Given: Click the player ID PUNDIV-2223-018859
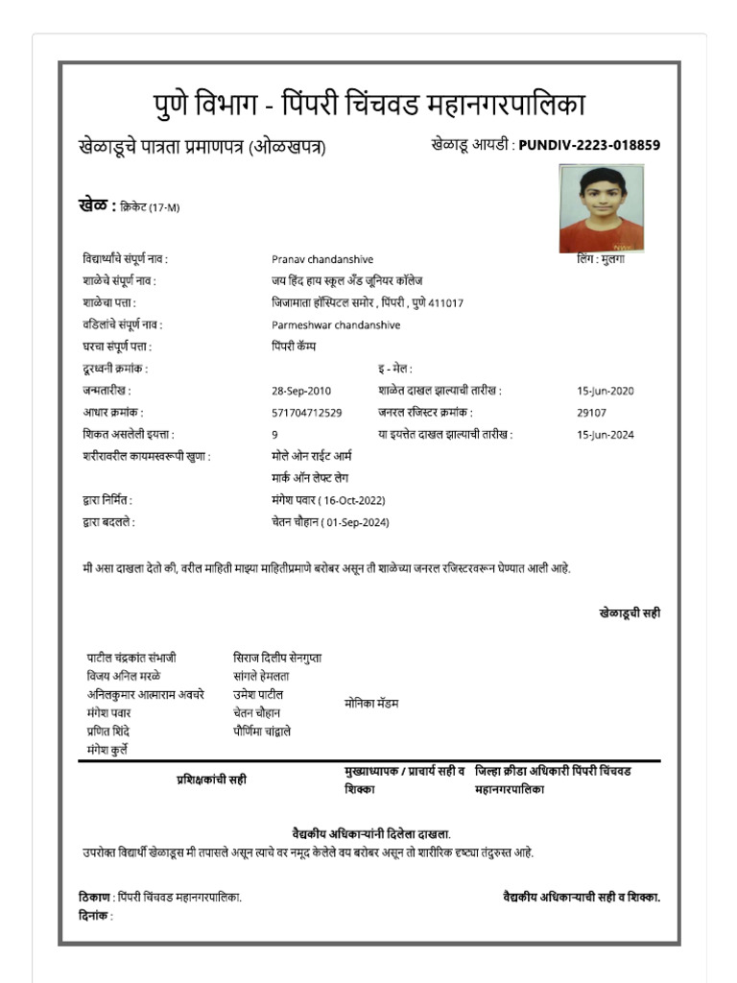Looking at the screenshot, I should click(589, 146).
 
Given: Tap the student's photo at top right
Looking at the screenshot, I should click(601, 208).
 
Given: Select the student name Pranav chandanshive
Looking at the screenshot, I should click(322, 259).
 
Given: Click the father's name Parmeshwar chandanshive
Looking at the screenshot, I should click(336, 324).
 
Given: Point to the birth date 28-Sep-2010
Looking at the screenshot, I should click(300, 391).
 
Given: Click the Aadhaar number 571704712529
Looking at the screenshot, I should click(306, 413).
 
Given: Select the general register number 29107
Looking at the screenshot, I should click(591, 413).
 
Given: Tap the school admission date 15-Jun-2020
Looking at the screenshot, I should click(605, 391).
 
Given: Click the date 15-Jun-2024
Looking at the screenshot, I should click(605, 435).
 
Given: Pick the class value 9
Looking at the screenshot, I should click(274, 435).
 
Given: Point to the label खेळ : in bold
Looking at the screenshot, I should click(97, 205).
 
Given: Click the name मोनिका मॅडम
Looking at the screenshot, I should click(371, 704).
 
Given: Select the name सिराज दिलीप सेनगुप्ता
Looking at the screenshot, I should click(277, 659).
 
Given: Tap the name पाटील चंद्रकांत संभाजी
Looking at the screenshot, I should click(131, 659).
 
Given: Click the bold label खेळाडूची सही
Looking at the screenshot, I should click(629, 612).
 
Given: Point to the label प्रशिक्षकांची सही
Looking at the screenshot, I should click(210, 779).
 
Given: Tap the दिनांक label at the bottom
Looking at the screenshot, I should click(95, 916).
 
